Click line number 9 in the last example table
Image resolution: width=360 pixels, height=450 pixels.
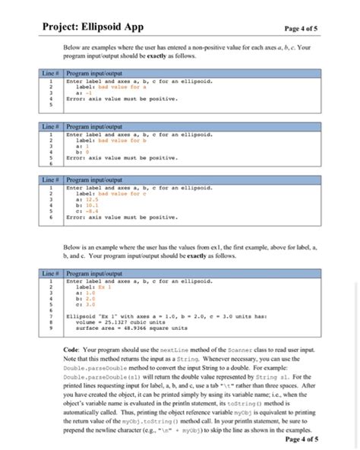pos(50,329)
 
